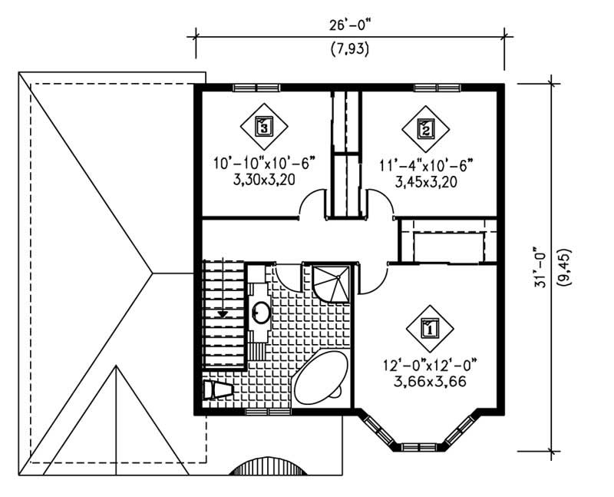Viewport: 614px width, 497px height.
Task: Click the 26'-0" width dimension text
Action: click(349, 23)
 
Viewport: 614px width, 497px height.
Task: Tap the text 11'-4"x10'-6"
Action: click(427, 164)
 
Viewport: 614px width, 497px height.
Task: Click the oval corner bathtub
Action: click(319, 379)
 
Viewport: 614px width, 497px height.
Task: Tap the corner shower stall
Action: click(331, 283)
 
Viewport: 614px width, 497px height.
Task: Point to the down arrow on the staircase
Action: click(223, 312)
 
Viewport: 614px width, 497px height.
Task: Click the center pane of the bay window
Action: click(420, 444)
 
